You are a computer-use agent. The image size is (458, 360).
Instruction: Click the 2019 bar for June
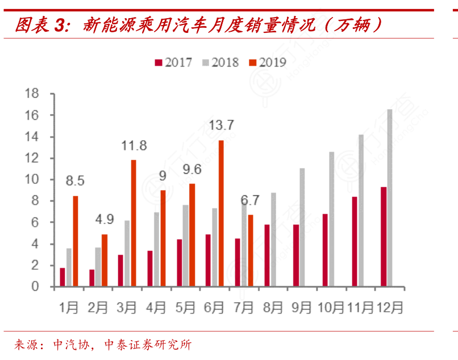point(221,214)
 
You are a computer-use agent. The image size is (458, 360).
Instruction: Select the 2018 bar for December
point(390,198)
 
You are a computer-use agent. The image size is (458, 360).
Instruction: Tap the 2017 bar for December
point(384,237)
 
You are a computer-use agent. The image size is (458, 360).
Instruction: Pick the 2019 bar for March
point(134,223)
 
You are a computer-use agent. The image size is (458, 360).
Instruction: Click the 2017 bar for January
point(63,277)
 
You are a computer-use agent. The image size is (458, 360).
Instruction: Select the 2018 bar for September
point(302,227)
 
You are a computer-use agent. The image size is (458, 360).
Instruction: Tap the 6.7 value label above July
point(250,200)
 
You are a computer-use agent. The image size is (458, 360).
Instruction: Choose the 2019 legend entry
point(268,62)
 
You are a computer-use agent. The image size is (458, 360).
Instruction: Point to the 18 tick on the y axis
point(33,94)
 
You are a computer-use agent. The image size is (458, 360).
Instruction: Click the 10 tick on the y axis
point(33,179)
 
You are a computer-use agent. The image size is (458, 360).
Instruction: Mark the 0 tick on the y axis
point(36,287)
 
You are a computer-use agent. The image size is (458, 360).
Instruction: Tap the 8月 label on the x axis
point(273,308)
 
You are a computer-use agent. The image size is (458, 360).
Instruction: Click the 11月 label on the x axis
point(360,308)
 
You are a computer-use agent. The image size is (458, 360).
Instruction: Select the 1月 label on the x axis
point(69,308)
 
